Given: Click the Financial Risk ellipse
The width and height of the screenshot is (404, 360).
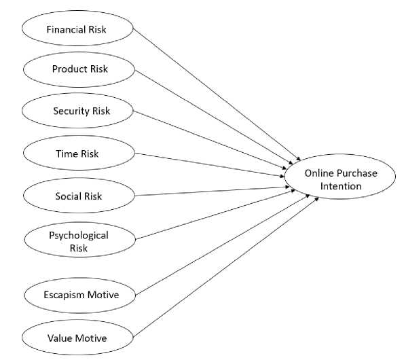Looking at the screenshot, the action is (77, 29).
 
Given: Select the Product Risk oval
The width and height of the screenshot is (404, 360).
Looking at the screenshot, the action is (79, 69).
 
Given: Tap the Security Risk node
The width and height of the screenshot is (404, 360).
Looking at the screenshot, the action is (77, 111).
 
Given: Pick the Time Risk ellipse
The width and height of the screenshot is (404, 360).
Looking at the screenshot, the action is (79, 153).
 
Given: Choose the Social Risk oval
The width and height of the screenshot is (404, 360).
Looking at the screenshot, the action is (79, 196).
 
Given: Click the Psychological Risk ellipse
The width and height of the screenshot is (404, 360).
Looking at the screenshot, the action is (80, 239).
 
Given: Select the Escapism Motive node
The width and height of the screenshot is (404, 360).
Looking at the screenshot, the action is (80, 295).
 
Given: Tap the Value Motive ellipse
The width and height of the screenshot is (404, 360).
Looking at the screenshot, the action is (77, 338).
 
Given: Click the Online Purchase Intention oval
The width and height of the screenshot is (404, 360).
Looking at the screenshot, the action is (340, 177).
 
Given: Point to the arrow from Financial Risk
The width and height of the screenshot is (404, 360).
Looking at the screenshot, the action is (217, 94).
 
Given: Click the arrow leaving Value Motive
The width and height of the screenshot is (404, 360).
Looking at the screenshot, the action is (226, 267).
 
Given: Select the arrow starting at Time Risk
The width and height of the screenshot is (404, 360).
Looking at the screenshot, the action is (210, 165).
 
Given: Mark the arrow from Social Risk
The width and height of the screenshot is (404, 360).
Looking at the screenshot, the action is (212, 192).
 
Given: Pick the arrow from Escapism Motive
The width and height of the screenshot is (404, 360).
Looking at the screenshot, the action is (222, 245).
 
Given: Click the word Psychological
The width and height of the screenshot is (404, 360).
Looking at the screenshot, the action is (79, 235).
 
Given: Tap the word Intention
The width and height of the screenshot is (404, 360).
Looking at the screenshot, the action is (341, 186).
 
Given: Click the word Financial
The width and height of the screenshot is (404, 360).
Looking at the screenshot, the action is (67, 29).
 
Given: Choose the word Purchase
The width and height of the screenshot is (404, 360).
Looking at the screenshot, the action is (357, 173).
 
